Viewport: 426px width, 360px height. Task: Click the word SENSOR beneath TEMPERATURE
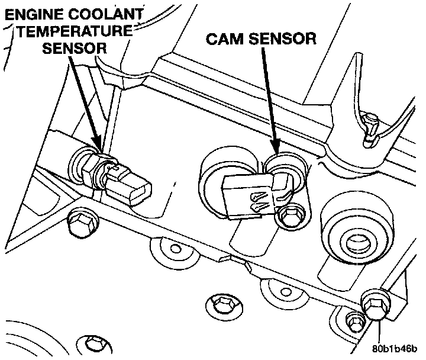click(x=75, y=47)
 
